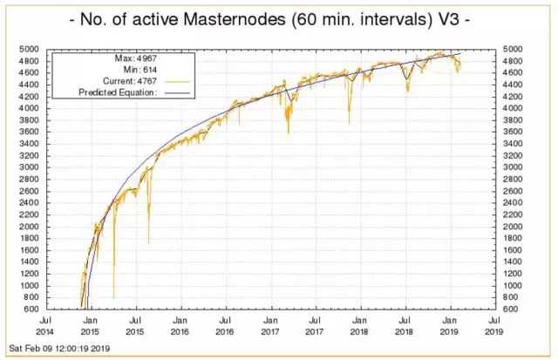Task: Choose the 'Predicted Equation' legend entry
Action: (115, 92)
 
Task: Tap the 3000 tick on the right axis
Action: (514, 166)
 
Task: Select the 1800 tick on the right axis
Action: (514, 237)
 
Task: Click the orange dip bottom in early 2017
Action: (289, 132)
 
